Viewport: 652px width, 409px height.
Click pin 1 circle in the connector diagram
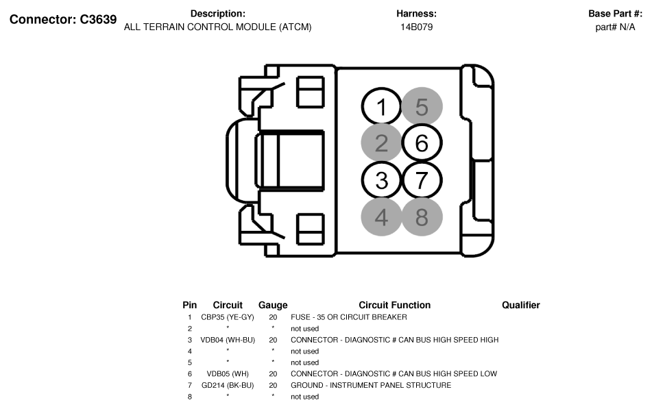[x=382, y=107]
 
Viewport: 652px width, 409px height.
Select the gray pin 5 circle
[x=422, y=107]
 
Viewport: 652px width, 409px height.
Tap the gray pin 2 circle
[x=382, y=143]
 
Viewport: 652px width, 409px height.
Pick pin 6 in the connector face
[x=422, y=143]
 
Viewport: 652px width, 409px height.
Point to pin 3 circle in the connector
[x=382, y=180]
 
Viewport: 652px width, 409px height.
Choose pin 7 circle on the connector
[x=422, y=180]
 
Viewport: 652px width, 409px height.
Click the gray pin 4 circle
[x=382, y=217]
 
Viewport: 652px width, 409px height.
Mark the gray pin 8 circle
[x=422, y=217]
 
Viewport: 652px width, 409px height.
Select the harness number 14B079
[x=416, y=27]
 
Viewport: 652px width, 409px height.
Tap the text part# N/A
[x=615, y=27]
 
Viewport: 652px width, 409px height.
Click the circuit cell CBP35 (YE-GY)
[x=228, y=317]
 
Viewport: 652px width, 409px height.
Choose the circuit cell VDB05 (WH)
[x=228, y=374]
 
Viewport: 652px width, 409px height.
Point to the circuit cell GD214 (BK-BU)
[x=228, y=385]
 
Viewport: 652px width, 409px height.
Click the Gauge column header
[x=273, y=305]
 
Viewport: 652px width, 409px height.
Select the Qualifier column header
[x=520, y=305]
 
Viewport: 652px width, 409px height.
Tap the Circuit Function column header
[x=394, y=305]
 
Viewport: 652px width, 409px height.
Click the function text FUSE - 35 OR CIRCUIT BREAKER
[x=348, y=317]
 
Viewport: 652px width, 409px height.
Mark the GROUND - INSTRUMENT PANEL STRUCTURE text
[x=370, y=385]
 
